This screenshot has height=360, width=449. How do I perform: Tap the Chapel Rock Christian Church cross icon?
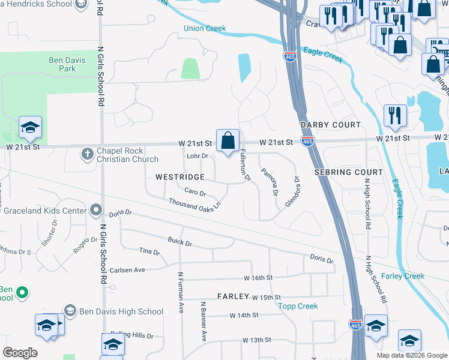tap(87, 154)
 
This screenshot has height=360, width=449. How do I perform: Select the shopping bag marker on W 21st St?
tap(228, 142)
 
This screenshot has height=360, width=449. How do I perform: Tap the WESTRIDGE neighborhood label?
tap(180, 178)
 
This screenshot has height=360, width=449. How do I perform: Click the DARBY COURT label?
tap(331, 125)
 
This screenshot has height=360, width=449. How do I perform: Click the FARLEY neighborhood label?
tap(233, 296)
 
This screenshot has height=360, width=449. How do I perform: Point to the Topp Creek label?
tap(298, 306)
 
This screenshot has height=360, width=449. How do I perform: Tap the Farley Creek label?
tap(403, 276)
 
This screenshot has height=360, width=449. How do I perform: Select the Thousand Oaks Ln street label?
tap(194, 205)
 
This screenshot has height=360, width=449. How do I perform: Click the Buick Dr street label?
tap(179, 244)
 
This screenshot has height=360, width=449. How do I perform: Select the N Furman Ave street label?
tap(180, 292)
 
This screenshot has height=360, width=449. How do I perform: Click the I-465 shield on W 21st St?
tap(307, 142)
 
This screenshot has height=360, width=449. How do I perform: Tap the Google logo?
tap(20, 353)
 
